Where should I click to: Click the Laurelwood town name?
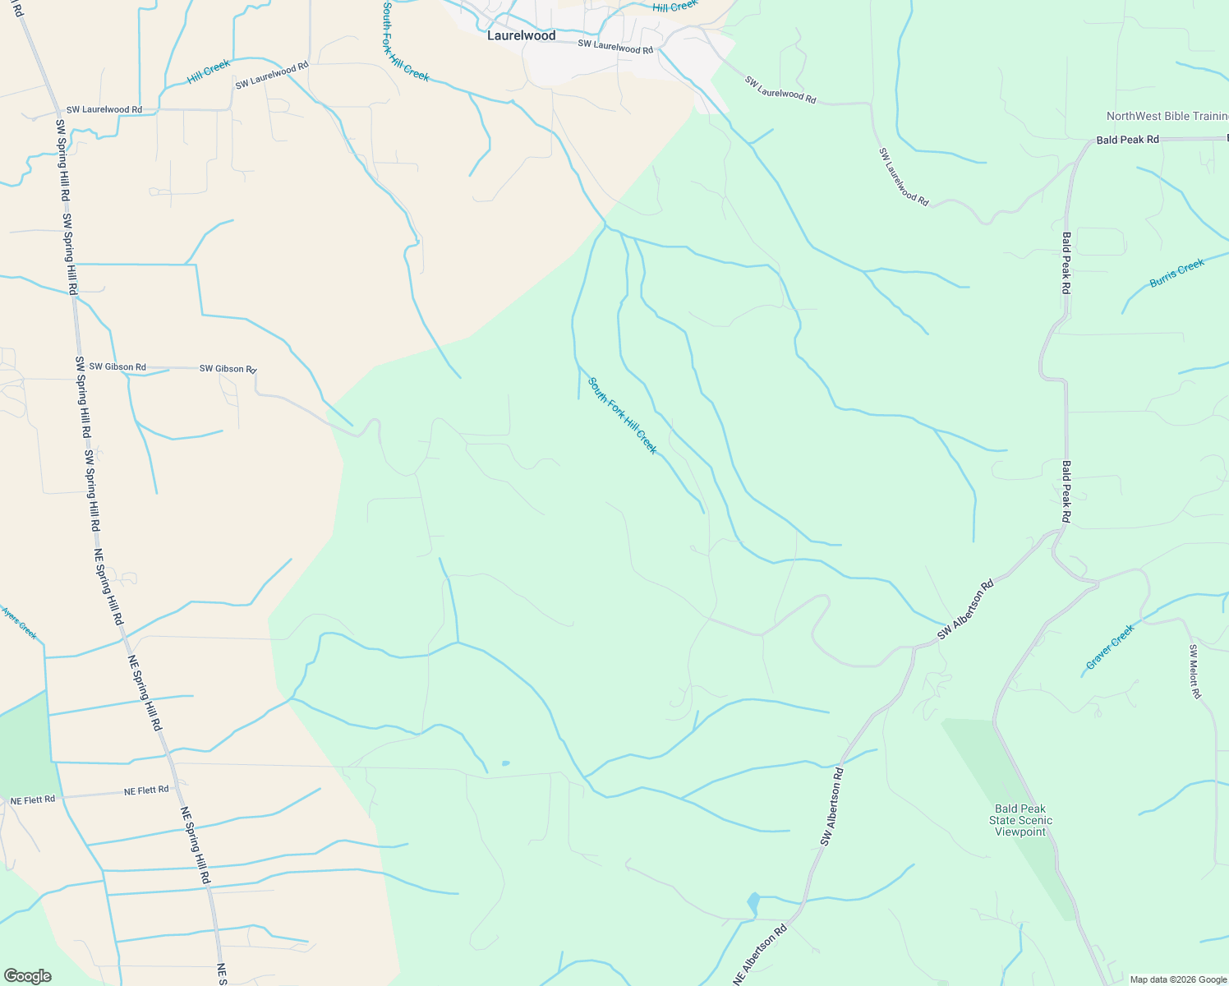pyautogui.click(x=521, y=35)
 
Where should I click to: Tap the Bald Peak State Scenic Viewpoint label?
pyautogui.click(x=1020, y=820)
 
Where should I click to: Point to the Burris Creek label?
pyautogui.click(x=1176, y=273)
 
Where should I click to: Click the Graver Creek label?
pyautogui.click(x=1110, y=646)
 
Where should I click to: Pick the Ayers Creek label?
pyautogui.click(x=19, y=623)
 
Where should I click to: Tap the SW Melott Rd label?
pyautogui.click(x=1195, y=671)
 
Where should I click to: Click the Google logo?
pyautogui.click(x=27, y=976)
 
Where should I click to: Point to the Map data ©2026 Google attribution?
pyautogui.click(x=1178, y=979)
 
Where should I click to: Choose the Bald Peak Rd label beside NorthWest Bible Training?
pyautogui.click(x=1127, y=140)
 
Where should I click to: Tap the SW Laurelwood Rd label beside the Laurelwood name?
pyautogui.click(x=615, y=47)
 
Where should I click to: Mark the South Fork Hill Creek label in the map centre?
pyautogui.click(x=623, y=415)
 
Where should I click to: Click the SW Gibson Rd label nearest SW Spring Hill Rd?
pyautogui.click(x=117, y=366)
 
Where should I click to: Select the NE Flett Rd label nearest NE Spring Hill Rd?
pyautogui.click(x=146, y=790)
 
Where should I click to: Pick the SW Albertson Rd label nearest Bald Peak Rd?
pyautogui.click(x=966, y=610)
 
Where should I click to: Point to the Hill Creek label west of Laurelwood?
pyautogui.click(x=209, y=71)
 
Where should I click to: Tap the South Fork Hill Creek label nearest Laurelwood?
pyautogui.click(x=405, y=41)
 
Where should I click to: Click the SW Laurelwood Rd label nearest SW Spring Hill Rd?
pyautogui.click(x=104, y=109)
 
